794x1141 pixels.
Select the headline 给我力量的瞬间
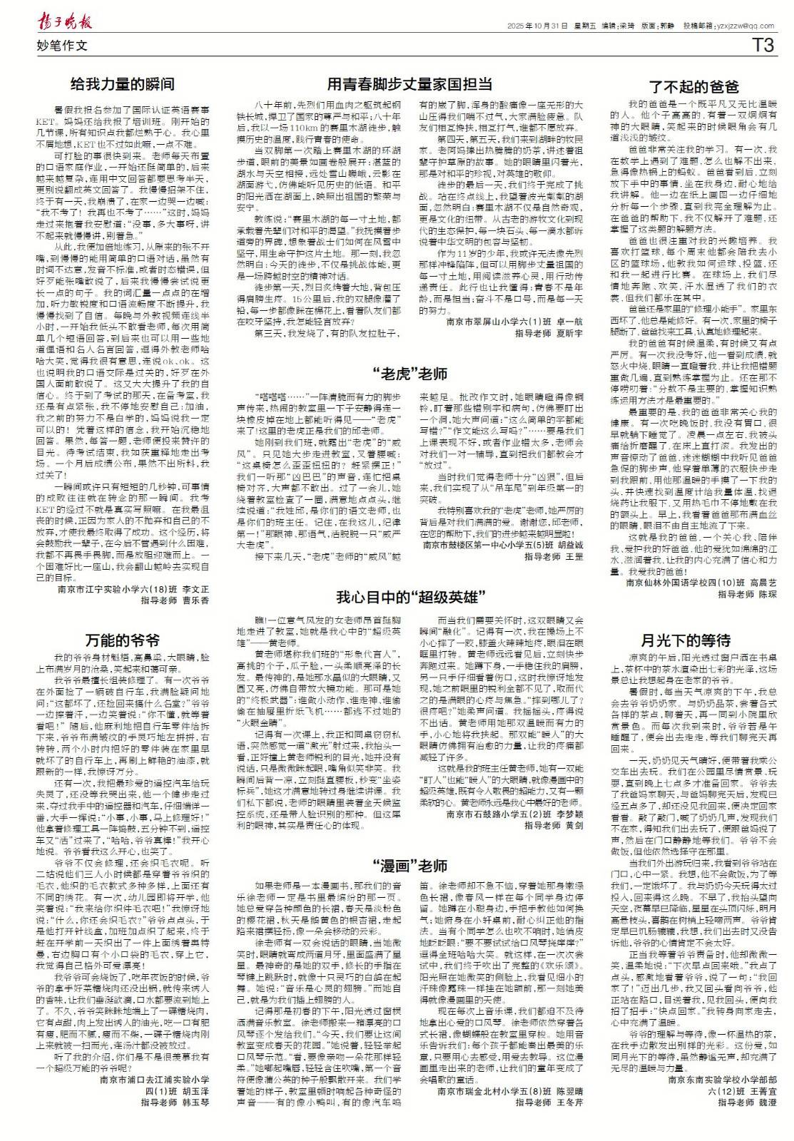(123, 84)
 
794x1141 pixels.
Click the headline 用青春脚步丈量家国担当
(409, 83)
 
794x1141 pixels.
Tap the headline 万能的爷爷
(123, 639)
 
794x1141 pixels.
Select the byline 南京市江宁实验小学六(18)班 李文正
(133, 589)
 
